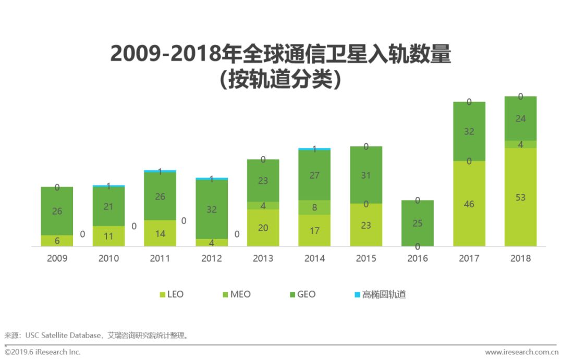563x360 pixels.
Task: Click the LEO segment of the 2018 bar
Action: [x=520, y=197]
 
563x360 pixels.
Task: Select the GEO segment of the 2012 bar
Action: [x=212, y=209]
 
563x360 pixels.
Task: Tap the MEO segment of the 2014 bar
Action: [x=314, y=207]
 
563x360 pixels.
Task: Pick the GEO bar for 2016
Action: [x=418, y=223]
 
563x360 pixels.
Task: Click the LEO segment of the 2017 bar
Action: [x=469, y=204]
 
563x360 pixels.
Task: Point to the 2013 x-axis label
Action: [x=263, y=258]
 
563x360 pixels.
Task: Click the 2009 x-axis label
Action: [x=57, y=258]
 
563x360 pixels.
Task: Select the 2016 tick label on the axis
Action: [x=418, y=258]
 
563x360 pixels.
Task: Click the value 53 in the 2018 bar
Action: [x=520, y=197]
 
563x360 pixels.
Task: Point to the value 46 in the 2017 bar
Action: [x=469, y=204]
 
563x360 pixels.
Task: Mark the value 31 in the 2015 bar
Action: [x=366, y=176]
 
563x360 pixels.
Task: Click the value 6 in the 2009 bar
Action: [x=57, y=241]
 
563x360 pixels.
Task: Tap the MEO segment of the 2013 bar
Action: [x=263, y=206]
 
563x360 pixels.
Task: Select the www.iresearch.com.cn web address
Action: [x=522, y=353]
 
